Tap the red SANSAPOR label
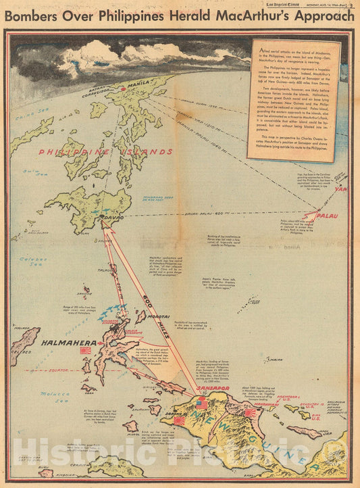[211, 389]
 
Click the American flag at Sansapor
[202, 403]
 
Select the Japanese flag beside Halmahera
[86, 351]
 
